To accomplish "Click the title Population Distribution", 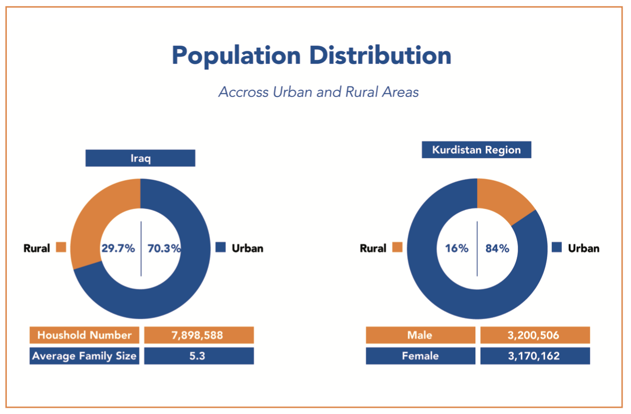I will point(311,55).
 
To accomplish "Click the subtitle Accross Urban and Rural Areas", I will point(319,92).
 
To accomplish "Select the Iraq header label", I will point(140,158).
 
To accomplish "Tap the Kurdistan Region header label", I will point(476,150).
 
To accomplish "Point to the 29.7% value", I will point(118,248).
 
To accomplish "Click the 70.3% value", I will point(164,248).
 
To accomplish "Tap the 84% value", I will point(497,248).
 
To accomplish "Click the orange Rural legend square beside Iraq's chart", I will point(61,247).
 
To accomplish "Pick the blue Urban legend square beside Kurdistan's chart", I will point(557,247).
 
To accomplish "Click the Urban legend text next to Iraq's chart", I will point(247,248).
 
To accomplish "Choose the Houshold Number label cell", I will point(84,335).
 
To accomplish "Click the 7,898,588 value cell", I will point(199,335).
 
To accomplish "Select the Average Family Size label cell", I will point(84,356).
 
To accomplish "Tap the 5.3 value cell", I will point(199,356).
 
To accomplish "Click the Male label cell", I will point(420,335).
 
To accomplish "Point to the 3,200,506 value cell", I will point(535,335).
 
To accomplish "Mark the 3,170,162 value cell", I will point(535,356).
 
